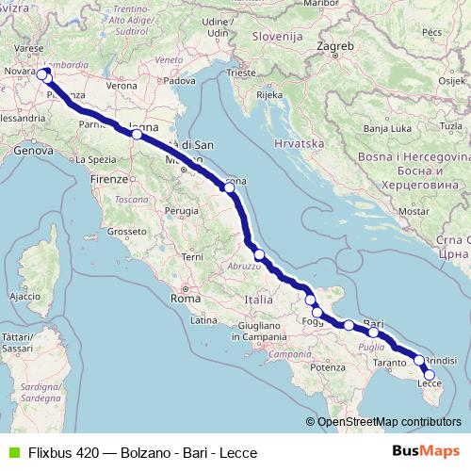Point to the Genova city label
click(x=34, y=150)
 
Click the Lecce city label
click(x=430, y=382)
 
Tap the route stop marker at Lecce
click(x=430, y=375)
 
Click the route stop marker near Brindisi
click(x=419, y=360)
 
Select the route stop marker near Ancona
click(x=228, y=187)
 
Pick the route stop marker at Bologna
click(x=137, y=135)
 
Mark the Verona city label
click(x=121, y=85)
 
